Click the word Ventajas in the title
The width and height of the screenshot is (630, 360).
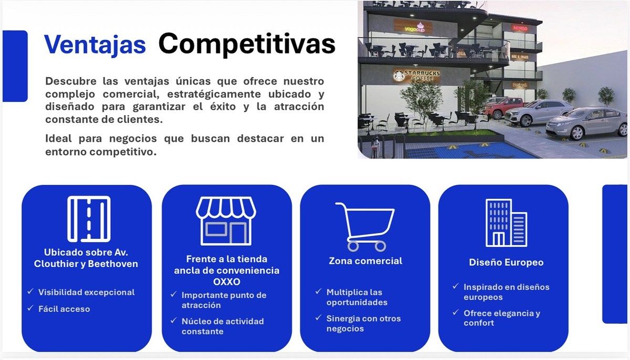coord(95,45)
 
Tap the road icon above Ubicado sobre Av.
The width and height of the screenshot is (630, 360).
coord(89,219)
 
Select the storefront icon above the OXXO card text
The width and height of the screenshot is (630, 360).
coord(226,221)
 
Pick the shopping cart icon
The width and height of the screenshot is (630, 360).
coord(365,227)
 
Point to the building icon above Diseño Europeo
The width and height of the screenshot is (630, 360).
coord(506,223)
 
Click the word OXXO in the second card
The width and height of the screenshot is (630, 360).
coord(227,282)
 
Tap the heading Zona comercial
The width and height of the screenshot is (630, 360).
coord(365,261)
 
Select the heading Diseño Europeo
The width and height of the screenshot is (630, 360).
coord(506,262)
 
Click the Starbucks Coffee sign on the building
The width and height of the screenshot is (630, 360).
coord(416,76)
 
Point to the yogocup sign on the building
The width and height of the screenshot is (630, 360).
coord(414,27)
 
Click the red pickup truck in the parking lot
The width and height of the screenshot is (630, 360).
coord(503,107)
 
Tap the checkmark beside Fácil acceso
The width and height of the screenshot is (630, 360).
coord(30,308)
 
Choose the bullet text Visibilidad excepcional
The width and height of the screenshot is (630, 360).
coord(87,292)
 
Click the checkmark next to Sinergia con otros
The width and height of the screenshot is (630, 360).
coord(318,317)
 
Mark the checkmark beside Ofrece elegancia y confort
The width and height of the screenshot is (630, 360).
coord(456,312)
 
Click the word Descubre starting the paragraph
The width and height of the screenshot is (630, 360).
coord(71,81)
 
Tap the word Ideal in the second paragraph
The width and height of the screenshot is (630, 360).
coord(58,138)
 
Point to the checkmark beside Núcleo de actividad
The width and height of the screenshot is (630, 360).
coord(174,320)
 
